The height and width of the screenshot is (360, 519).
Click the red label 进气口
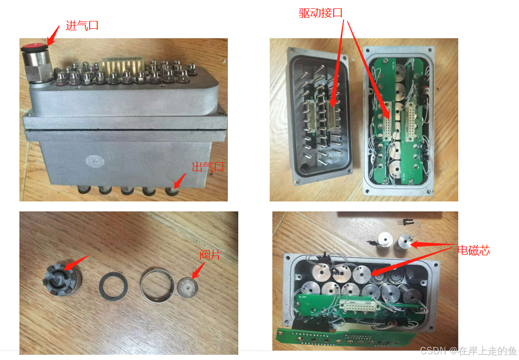click(x=82, y=26)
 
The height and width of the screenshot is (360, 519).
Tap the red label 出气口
click(x=208, y=166)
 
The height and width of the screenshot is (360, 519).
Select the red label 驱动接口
click(x=321, y=13)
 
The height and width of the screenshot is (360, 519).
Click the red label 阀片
click(x=210, y=255)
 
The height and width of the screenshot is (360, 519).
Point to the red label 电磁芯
click(x=473, y=250)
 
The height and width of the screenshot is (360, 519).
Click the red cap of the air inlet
click(x=34, y=47)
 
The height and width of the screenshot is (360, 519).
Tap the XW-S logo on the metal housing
click(x=95, y=161)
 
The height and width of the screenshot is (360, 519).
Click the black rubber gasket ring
click(x=114, y=286)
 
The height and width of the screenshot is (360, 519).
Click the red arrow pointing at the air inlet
click(x=53, y=36)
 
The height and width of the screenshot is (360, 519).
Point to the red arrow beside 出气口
click(x=180, y=181)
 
